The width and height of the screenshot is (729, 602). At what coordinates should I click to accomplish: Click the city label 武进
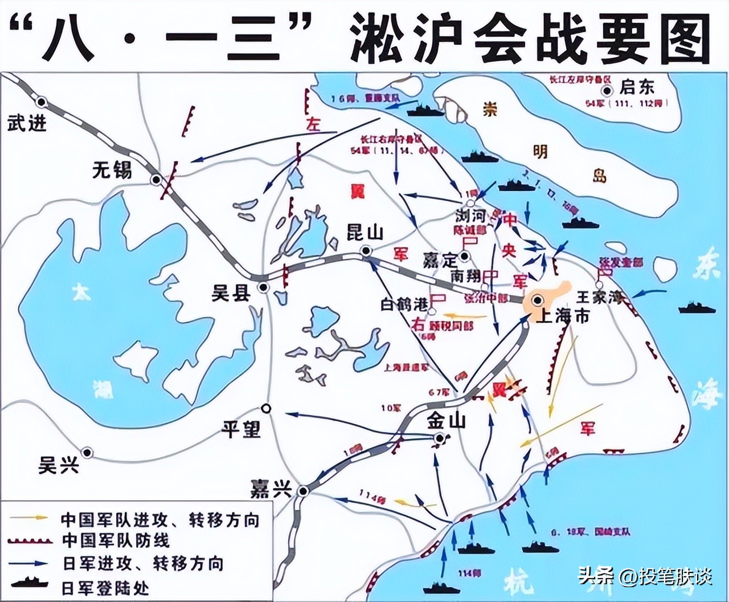pyautogui.click(x=26, y=123)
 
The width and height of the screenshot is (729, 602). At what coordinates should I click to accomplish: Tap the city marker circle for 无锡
pyautogui.click(x=155, y=180)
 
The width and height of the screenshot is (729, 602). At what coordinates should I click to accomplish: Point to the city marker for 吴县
pyautogui.click(x=263, y=287)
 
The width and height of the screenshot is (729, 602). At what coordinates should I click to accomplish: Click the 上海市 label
pyautogui.click(x=563, y=315)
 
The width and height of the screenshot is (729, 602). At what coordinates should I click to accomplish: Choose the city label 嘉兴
pyautogui.click(x=271, y=489)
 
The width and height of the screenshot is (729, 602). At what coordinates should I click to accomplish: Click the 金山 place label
pyautogui.click(x=447, y=421)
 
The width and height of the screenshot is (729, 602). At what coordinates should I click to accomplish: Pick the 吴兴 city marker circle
pyautogui.click(x=87, y=452)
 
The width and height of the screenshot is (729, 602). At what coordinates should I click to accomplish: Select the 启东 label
pyautogui.click(x=637, y=87)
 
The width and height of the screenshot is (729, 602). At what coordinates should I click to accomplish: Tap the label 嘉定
pyautogui.click(x=440, y=260)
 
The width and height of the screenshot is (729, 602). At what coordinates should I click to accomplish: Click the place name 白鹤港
pyautogui.click(x=404, y=304)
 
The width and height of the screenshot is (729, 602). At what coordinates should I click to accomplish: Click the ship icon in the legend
pyautogui.click(x=33, y=585)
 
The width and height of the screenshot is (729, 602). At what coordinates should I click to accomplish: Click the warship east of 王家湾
pyautogui.click(x=697, y=308)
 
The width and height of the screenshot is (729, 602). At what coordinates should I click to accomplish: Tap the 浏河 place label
pyautogui.click(x=470, y=217)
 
